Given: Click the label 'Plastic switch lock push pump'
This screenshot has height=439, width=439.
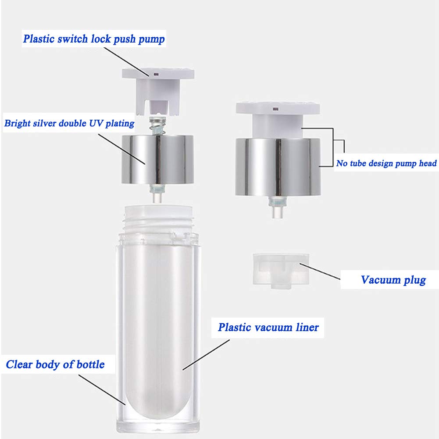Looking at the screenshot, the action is [94, 39].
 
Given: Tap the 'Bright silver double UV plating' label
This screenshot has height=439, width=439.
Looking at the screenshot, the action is [69, 123].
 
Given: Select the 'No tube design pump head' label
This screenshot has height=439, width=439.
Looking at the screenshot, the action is [386, 163].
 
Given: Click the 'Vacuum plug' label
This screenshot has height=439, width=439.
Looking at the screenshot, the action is [393, 280].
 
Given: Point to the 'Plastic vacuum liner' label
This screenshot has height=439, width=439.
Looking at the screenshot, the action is [268, 327].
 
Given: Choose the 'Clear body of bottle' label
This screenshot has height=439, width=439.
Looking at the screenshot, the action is [55, 364].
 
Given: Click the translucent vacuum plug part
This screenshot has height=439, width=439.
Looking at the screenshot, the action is [281, 271].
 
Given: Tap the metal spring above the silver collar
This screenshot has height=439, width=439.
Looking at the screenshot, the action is [157, 126].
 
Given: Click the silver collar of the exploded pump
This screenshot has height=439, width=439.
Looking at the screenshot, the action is [158, 159].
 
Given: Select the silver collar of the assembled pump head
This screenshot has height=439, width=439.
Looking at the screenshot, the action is [278, 167].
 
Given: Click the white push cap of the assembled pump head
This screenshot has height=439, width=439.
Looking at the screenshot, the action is [278, 119].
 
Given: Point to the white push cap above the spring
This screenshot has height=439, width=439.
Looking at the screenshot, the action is [158, 91].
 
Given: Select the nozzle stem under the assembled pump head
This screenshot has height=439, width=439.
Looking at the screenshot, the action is [278, 207].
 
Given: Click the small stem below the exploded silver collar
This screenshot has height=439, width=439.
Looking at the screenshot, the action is [157, 193].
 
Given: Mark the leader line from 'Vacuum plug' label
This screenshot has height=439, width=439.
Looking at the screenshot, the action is [320, 271].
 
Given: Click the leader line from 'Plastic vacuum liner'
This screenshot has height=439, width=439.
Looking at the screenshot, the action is [206, 355].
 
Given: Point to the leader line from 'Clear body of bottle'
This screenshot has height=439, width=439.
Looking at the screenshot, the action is [102, 389].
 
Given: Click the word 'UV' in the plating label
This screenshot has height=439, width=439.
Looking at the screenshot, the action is [96, 123].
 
